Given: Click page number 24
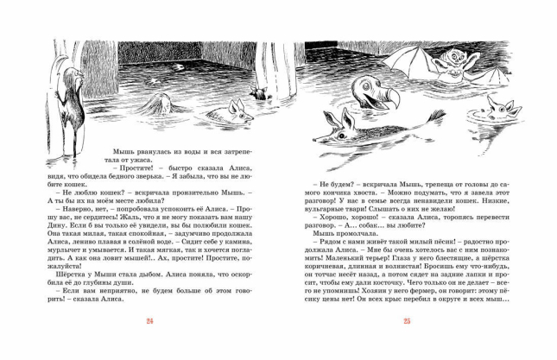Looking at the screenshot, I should click(x=149, y=321).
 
